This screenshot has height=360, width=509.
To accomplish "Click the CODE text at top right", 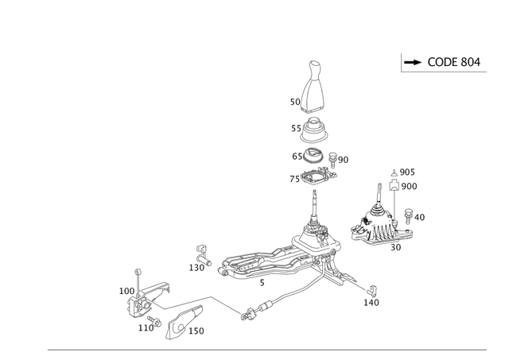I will coord(453,62).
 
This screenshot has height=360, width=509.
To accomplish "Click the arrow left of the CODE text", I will coord(412,62).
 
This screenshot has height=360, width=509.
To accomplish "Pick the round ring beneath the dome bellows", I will coord(315,154).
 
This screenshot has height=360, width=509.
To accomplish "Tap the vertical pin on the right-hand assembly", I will coord(391,203).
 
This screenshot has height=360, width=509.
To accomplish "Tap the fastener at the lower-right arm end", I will coord(370,299).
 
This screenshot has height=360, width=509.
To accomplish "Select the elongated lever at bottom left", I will coord(178,322).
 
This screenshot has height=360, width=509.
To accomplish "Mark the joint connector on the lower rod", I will coord(247,315).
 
